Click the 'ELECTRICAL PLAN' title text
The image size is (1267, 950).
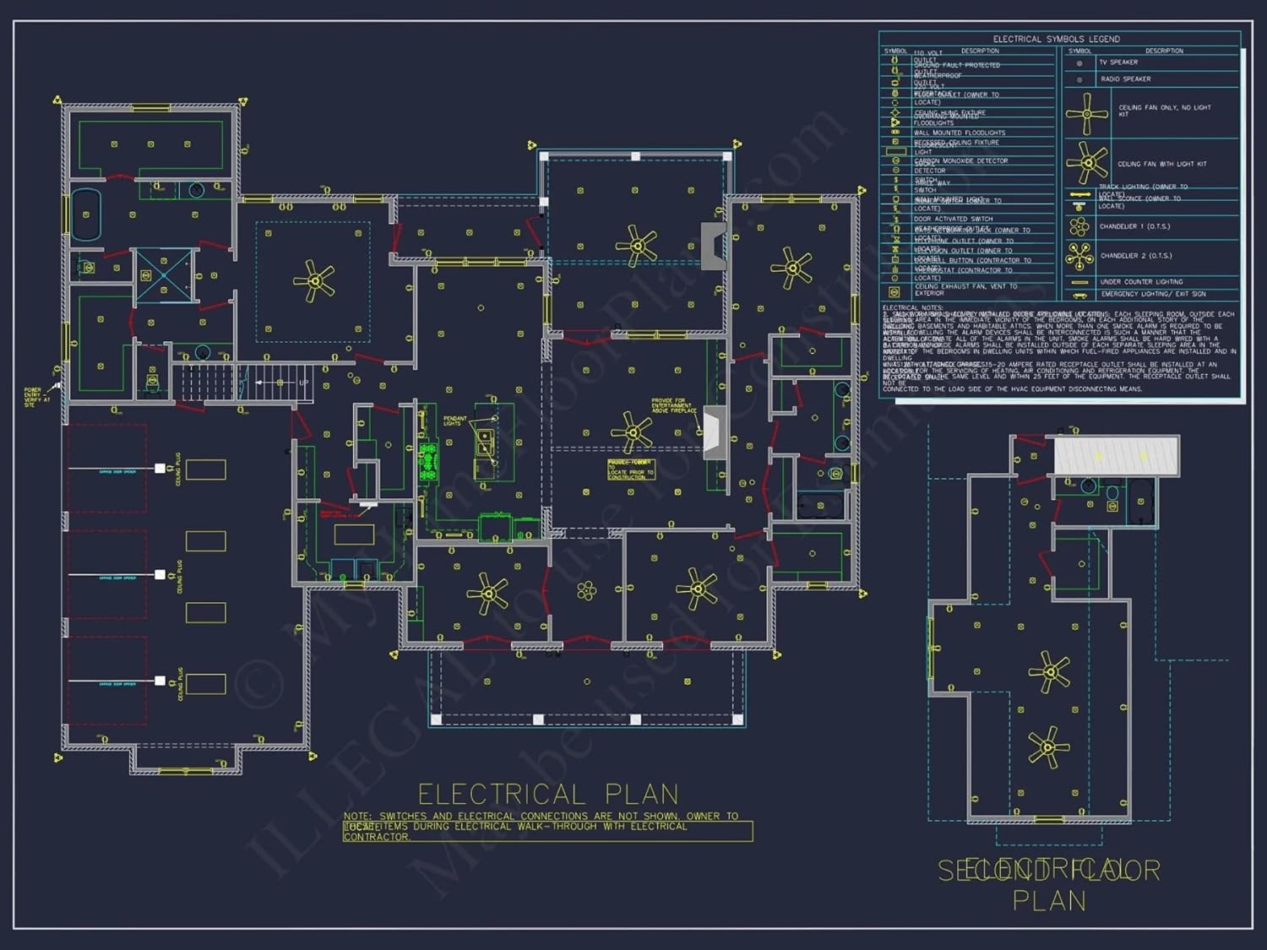tap(548, 795)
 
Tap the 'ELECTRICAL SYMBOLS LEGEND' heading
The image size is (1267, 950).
tap(1056, 39)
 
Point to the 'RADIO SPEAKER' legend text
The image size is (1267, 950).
tap(1125, 79)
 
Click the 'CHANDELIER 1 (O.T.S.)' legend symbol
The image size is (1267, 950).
tap(1079, 226)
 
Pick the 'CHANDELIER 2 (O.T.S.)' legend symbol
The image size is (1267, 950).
tap(1079, 255)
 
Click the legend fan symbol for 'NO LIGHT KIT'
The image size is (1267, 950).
tap(1086, 113)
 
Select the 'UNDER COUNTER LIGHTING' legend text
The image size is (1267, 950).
tap(1141, 282)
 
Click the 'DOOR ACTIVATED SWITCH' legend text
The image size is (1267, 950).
tap(953, 219)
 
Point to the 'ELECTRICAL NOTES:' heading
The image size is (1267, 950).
tap(912, 307)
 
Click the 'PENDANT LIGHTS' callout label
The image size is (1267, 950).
tap(454, 421)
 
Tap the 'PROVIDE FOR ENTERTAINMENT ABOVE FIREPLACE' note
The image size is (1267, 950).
tap(673, 405)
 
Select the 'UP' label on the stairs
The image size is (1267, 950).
tap(303, 383)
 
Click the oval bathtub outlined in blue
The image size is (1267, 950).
tap(86, 214)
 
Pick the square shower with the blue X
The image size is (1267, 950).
tap(164, 274)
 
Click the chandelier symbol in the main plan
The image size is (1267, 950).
tap(586, 591)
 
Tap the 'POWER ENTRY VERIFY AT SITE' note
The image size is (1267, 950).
tap(33, 397)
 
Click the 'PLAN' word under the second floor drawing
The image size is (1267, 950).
tap(1049, 901)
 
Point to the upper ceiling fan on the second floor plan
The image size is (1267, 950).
tap(1049, 673)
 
